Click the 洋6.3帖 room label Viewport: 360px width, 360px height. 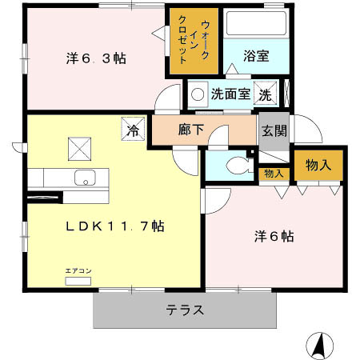click(x=94, y=58)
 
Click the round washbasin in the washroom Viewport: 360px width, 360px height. click(x=197, y=94)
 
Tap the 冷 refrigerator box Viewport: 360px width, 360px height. click(x=131, y=127)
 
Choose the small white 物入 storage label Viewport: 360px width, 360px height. click(x=274, y=173)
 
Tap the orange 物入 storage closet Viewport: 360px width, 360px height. click(x=318, y=165)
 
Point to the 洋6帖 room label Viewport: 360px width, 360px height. click(x=274, y=236)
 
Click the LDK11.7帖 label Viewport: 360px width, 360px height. click(x=114, y=226)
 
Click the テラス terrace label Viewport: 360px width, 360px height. click(x=185, y=310)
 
